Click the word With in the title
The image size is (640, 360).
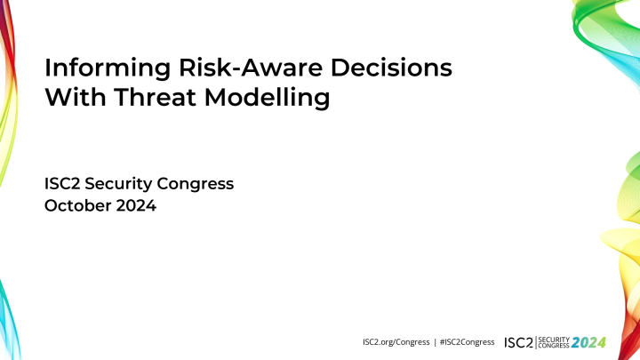[73, 98]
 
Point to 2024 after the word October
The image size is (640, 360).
[138, 208]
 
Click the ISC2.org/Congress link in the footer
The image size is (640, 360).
[397, 341]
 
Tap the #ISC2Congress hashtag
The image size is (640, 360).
[468, 341]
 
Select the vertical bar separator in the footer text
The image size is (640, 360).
[435, 341]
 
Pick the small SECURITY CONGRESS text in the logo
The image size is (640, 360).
[554, 341]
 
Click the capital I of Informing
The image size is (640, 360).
[47, 68]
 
